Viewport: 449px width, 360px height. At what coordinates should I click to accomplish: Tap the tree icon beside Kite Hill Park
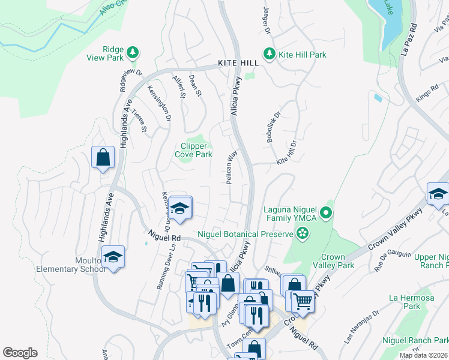click(270, 55)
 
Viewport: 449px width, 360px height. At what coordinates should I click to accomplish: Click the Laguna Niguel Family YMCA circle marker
click(325, 212)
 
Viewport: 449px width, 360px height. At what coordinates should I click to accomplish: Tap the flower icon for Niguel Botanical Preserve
click(303, 233)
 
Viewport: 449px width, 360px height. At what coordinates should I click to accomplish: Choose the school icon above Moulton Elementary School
click(112, 256)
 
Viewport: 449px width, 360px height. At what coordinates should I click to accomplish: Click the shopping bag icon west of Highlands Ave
click(103, 158)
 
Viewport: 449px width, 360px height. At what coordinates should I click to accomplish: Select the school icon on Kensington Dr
click(179, 208)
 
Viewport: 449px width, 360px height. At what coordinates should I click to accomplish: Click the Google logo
click(20, 353)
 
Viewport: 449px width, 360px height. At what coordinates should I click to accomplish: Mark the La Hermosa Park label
click(405, 301)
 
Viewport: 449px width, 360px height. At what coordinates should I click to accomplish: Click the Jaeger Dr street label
click(266, 22)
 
